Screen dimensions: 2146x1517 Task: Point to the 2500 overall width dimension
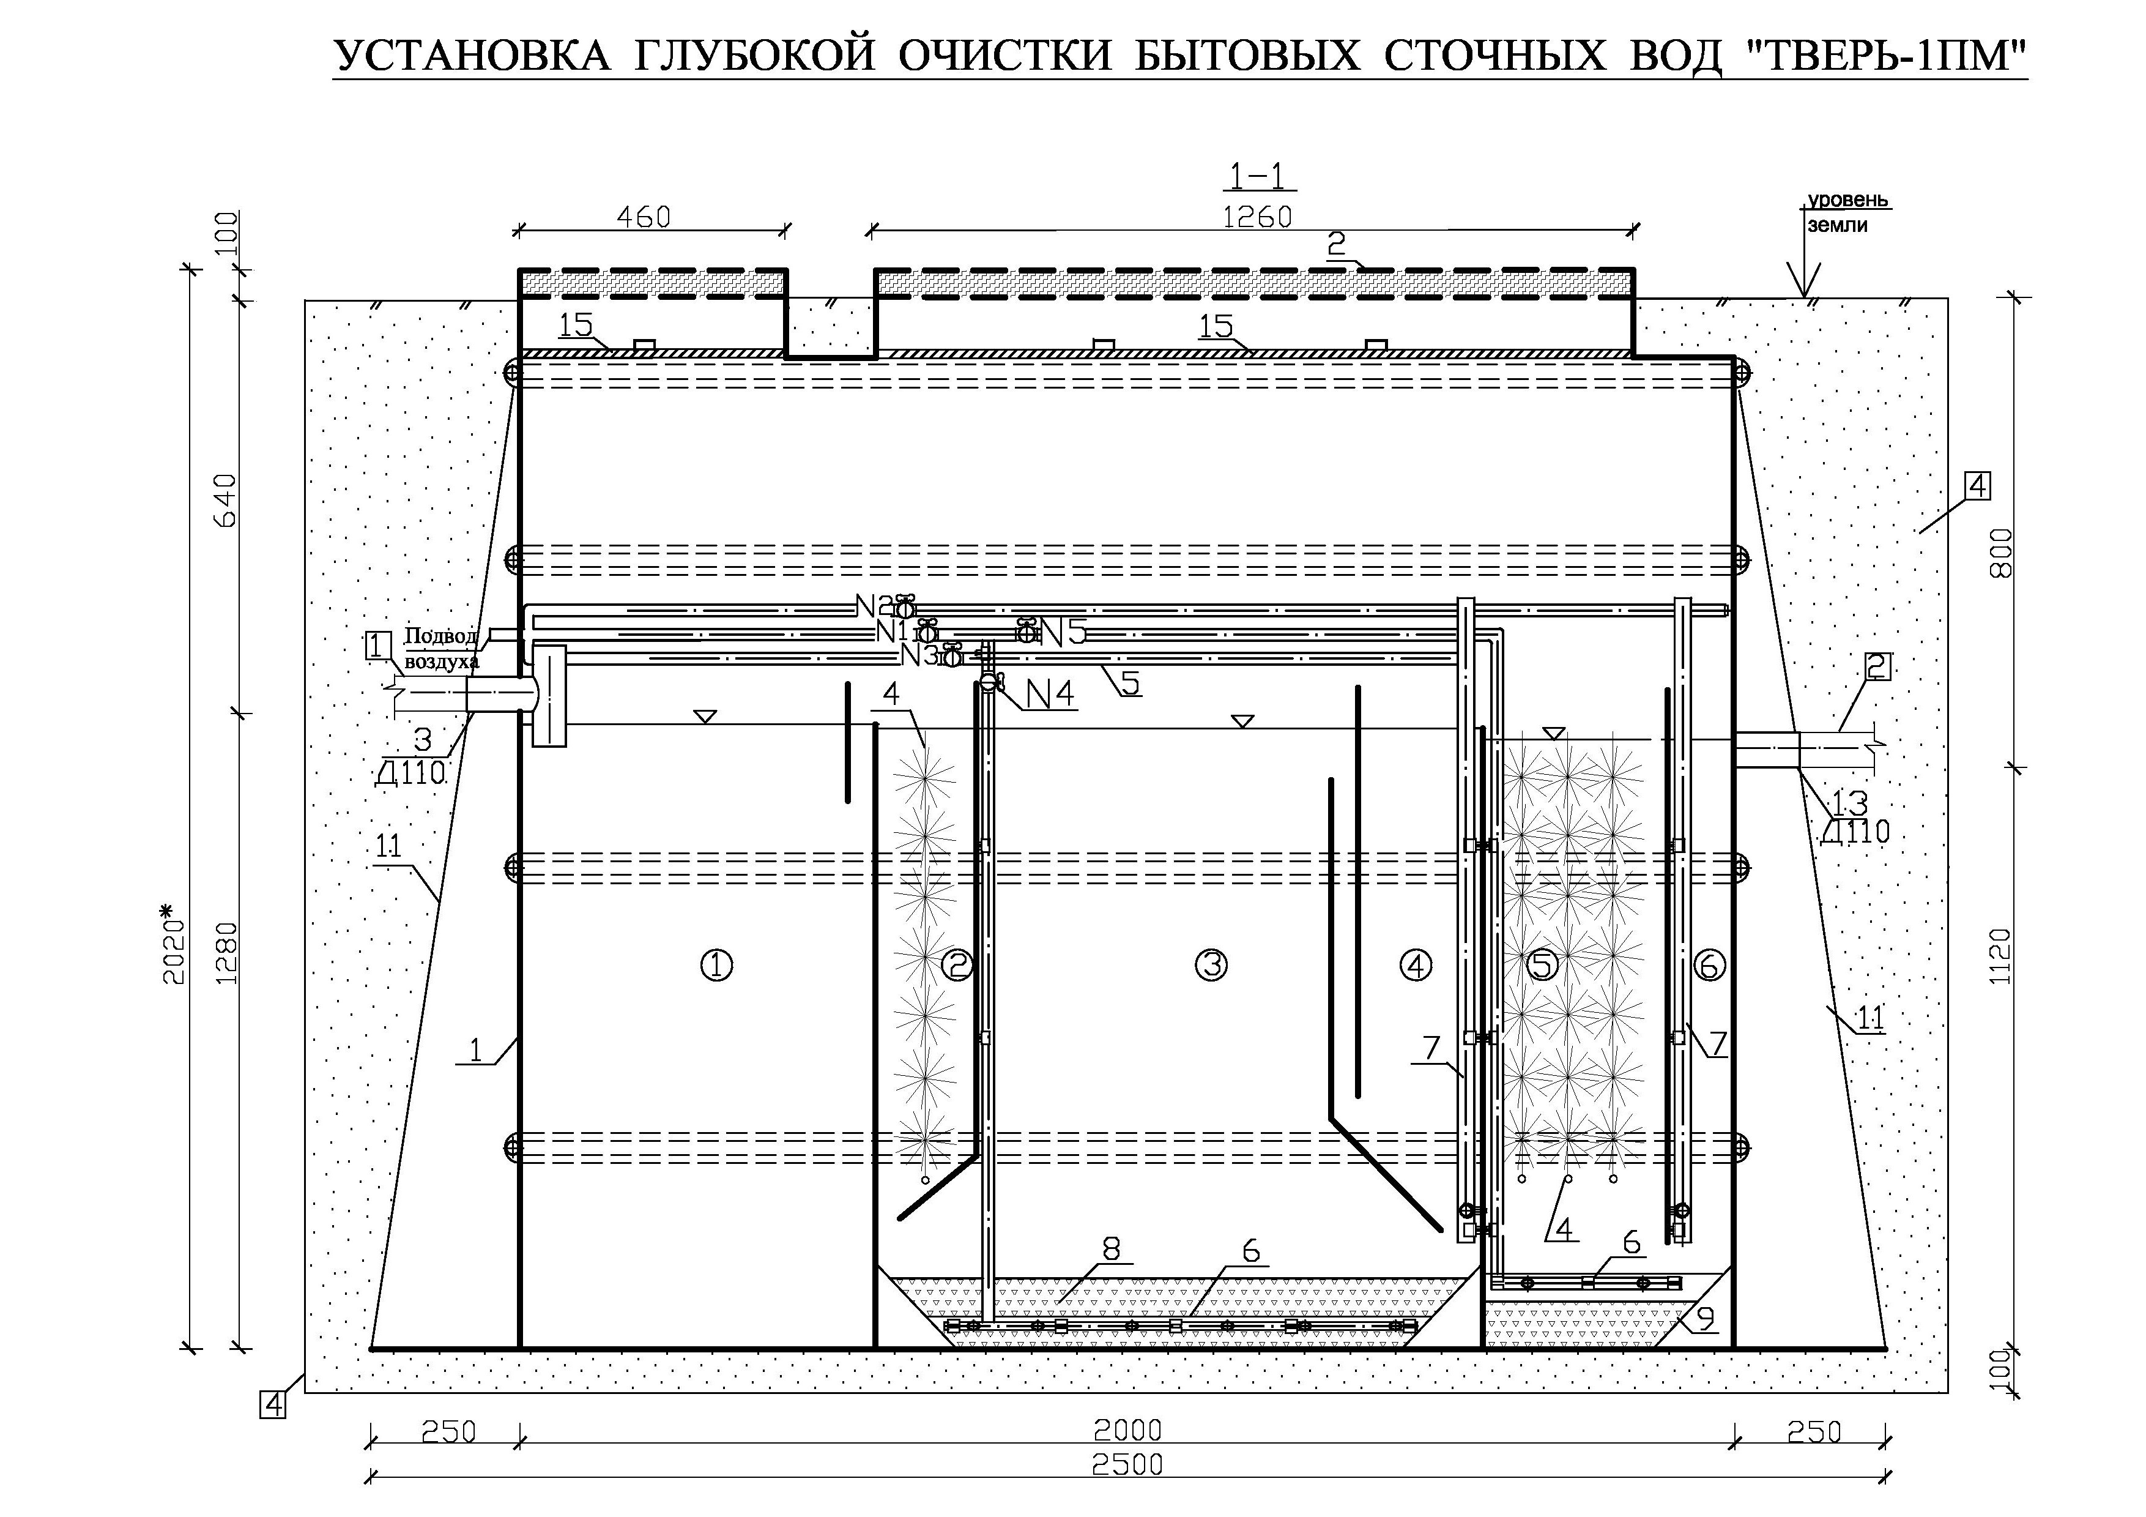(1127, 1464)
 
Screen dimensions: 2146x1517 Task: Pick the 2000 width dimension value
(1127, 1430)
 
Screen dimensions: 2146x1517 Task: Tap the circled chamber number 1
(717, 966)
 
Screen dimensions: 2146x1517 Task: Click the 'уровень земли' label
(1847, 212)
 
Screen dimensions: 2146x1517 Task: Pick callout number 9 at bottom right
(1705, 1318)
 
